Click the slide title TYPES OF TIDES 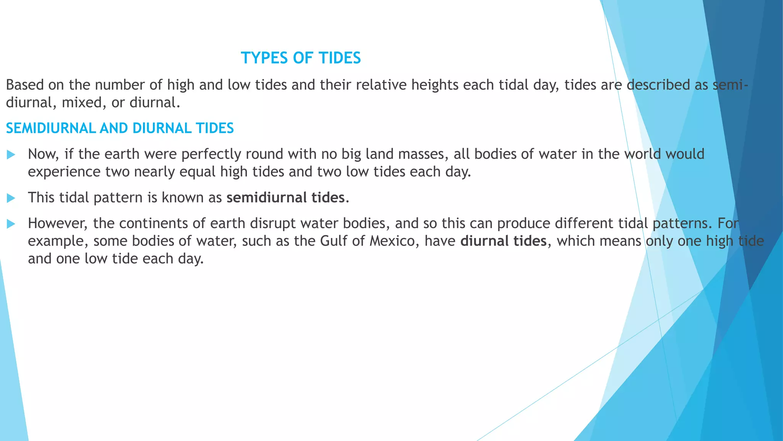pyautogui.click(x=301, y=58)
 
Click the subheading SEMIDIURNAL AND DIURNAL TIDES pyautogui.click(x=120, y=128)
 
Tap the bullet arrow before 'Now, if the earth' pyautogui.click(x=11, y=155)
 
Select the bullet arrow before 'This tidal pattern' pyautogui.click(x=11, y=198)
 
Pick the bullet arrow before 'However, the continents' pyautogui.click(x=11, y=224)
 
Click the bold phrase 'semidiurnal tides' pyautogui.click(x=286, y=198)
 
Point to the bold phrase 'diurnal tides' pyautogui.click(x=504, y=241)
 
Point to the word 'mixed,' pyautogui.click(x=84, y=103)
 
